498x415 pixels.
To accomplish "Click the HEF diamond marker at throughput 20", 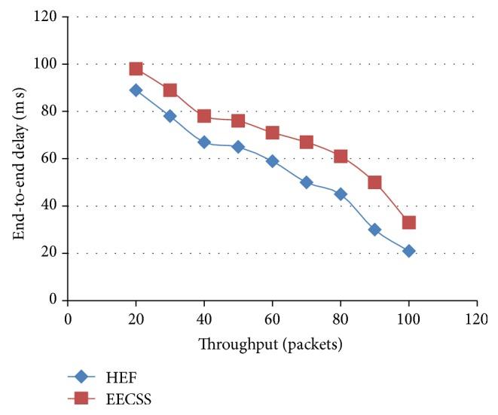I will (x=136, y=90).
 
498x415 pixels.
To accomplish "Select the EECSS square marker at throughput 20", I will (x=136, y=69).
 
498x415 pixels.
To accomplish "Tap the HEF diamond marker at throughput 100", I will (x=408, y=251).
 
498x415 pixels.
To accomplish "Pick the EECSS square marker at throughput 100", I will (x=408, y=222).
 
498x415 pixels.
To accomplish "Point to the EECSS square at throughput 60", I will (x=272, y=133).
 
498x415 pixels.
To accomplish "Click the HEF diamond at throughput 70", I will (x=306, y=182).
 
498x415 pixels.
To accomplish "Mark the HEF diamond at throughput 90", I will (x=374, y=230).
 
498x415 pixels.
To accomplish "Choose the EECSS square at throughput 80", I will (x=341, y=156).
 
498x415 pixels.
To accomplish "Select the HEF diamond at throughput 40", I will (x=203, y=142).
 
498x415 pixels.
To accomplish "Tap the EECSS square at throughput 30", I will (x=170, y=90).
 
